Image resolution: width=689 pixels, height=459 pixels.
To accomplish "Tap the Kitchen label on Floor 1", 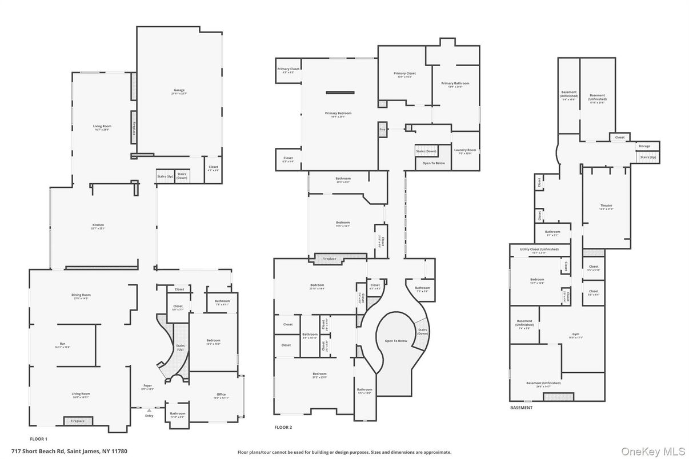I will pos(98,226).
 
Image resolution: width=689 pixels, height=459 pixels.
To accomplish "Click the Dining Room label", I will pos(81,295).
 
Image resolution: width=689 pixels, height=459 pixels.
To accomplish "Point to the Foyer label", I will pos(148,385).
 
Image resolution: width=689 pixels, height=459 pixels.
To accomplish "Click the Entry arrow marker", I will pos(149,410).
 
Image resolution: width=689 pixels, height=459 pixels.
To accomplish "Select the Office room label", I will pos(221,394).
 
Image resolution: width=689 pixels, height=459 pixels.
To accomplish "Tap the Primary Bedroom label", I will pos(338,114).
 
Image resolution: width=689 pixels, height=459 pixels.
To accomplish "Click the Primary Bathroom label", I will pos(455,83).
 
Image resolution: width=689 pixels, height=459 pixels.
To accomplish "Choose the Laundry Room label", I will pos(464,150).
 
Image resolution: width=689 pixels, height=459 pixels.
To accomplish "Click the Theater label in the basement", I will pos(606,206).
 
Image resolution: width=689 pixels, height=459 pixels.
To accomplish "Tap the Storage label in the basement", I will pos(644,146).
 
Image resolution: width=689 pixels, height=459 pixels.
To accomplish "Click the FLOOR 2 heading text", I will pos(283,427).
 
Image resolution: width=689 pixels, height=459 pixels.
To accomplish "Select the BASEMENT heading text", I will pos(521,408).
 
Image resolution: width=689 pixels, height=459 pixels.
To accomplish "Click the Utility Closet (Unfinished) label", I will pos(539,249).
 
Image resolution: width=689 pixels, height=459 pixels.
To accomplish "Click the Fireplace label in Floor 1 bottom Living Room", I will pos(78,421).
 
